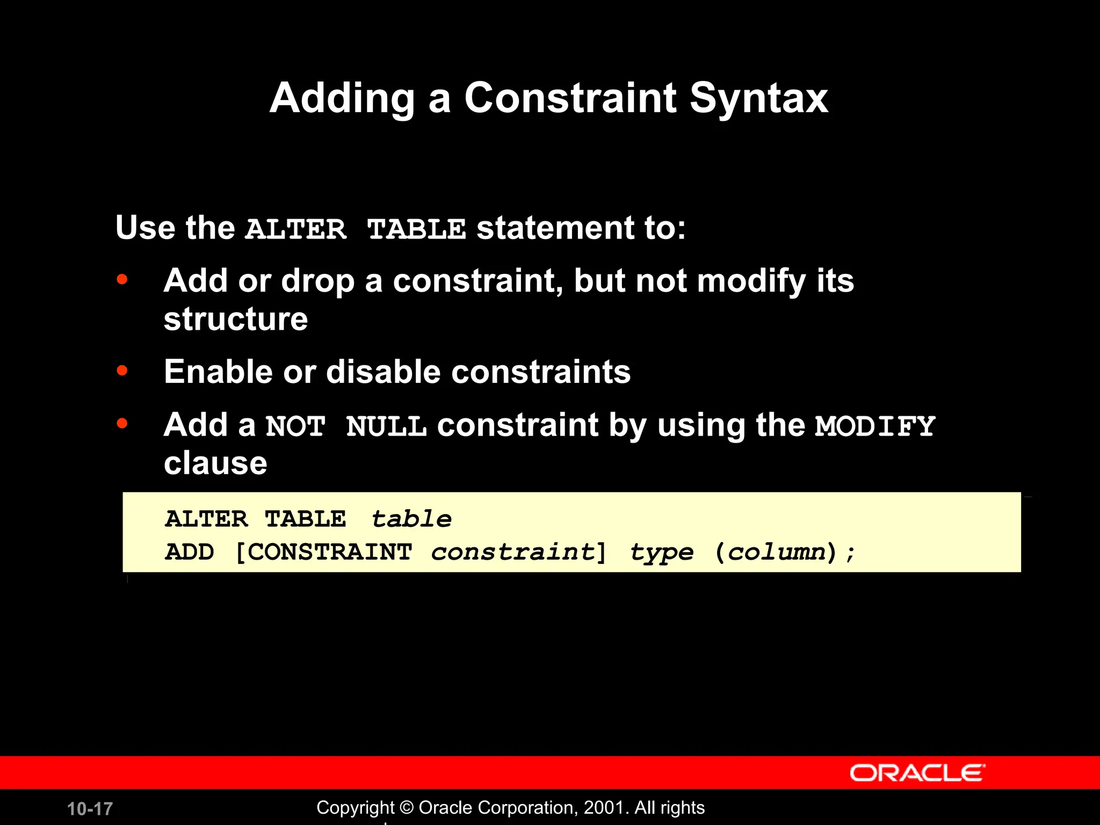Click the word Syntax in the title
click(758, 99)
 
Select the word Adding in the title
click(342, 99)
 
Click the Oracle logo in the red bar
click(917, 773)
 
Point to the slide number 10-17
click(90, 809)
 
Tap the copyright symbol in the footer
click(407, 808)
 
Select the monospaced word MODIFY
click(875, 426)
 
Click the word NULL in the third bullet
click(386, 427)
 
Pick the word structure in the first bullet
click(236, 319)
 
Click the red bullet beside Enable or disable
click(122, 371)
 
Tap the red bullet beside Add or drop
click(122, 279)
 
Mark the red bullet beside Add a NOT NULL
click(122, 424)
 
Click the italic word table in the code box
click(411, 519)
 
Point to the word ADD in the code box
click(190, 552)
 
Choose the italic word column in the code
click(776, 552)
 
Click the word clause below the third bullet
click(215, 463)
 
